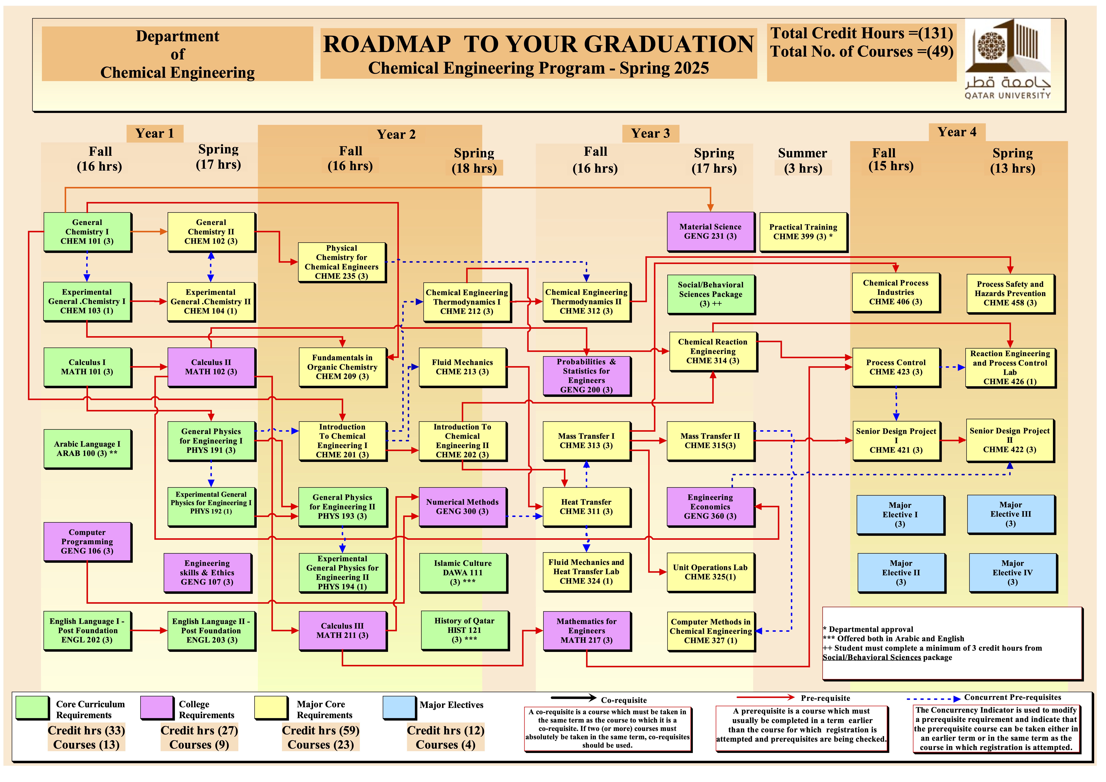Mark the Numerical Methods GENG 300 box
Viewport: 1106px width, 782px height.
pos(463,507)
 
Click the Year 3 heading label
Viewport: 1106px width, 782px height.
pos(650,134)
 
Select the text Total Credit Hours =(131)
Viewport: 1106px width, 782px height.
pos(861,33)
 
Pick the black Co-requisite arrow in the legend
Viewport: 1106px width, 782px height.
pos(573,698)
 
